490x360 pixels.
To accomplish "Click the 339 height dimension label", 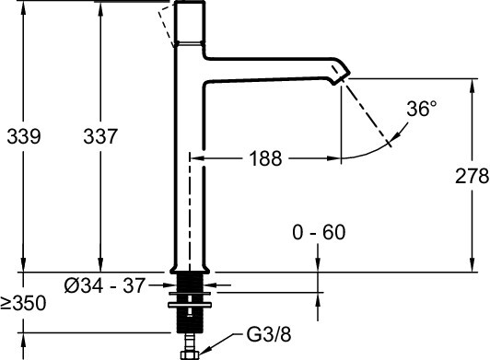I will click(x=22, y=137).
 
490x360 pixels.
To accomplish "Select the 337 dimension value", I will click(x=99, y=137).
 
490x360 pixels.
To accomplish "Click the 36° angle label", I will click(x=421, y=109).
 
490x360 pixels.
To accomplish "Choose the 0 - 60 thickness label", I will click(x=320, y=234).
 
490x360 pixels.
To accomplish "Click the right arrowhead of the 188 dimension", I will click(x=336, y=158).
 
